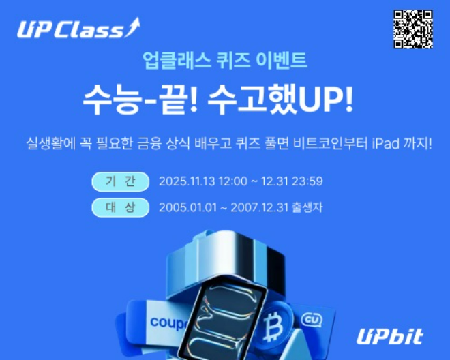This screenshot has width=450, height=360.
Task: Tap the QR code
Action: pyautogui.click(x=414, y=29)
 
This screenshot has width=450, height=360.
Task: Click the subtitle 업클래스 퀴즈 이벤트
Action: pyautogui.click(x=224, y=61)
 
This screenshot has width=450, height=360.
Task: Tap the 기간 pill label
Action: pyautogui.click(x=120, y=181)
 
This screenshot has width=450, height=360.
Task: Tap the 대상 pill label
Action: pyautogui.click(x=120, y=207)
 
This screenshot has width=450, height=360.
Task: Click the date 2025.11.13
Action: pyautogui.click(x=186, y=182)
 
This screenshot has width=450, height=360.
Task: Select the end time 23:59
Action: pyautogui.click(x=307, y=182)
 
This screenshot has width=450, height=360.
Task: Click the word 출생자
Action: pyautogui.click(x=307, y=207)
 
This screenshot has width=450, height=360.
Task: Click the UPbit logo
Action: pyautogui.click(x=389, y=335)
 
